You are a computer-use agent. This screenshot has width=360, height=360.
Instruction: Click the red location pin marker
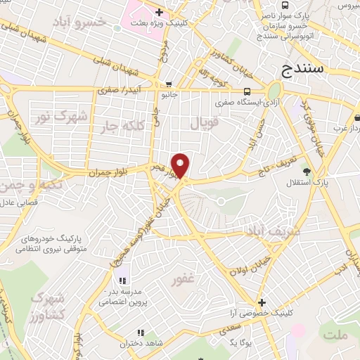coord(181,166)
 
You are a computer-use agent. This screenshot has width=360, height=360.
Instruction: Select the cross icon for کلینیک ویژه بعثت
coord(160,12)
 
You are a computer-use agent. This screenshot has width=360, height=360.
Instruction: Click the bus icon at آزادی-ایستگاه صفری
coord(247,91)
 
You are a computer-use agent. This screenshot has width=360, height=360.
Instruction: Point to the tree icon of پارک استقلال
coord(305,171)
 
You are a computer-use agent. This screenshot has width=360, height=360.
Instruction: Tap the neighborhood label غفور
coord(183,280)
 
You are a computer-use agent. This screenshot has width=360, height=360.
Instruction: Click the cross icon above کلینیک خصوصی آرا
coord(261,302)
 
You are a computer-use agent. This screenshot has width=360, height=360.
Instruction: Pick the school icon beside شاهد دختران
coord(140,333)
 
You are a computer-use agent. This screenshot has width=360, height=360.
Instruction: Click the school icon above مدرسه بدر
coord(123,281)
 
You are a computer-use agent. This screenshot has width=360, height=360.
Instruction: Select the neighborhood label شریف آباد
coord(274,231)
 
